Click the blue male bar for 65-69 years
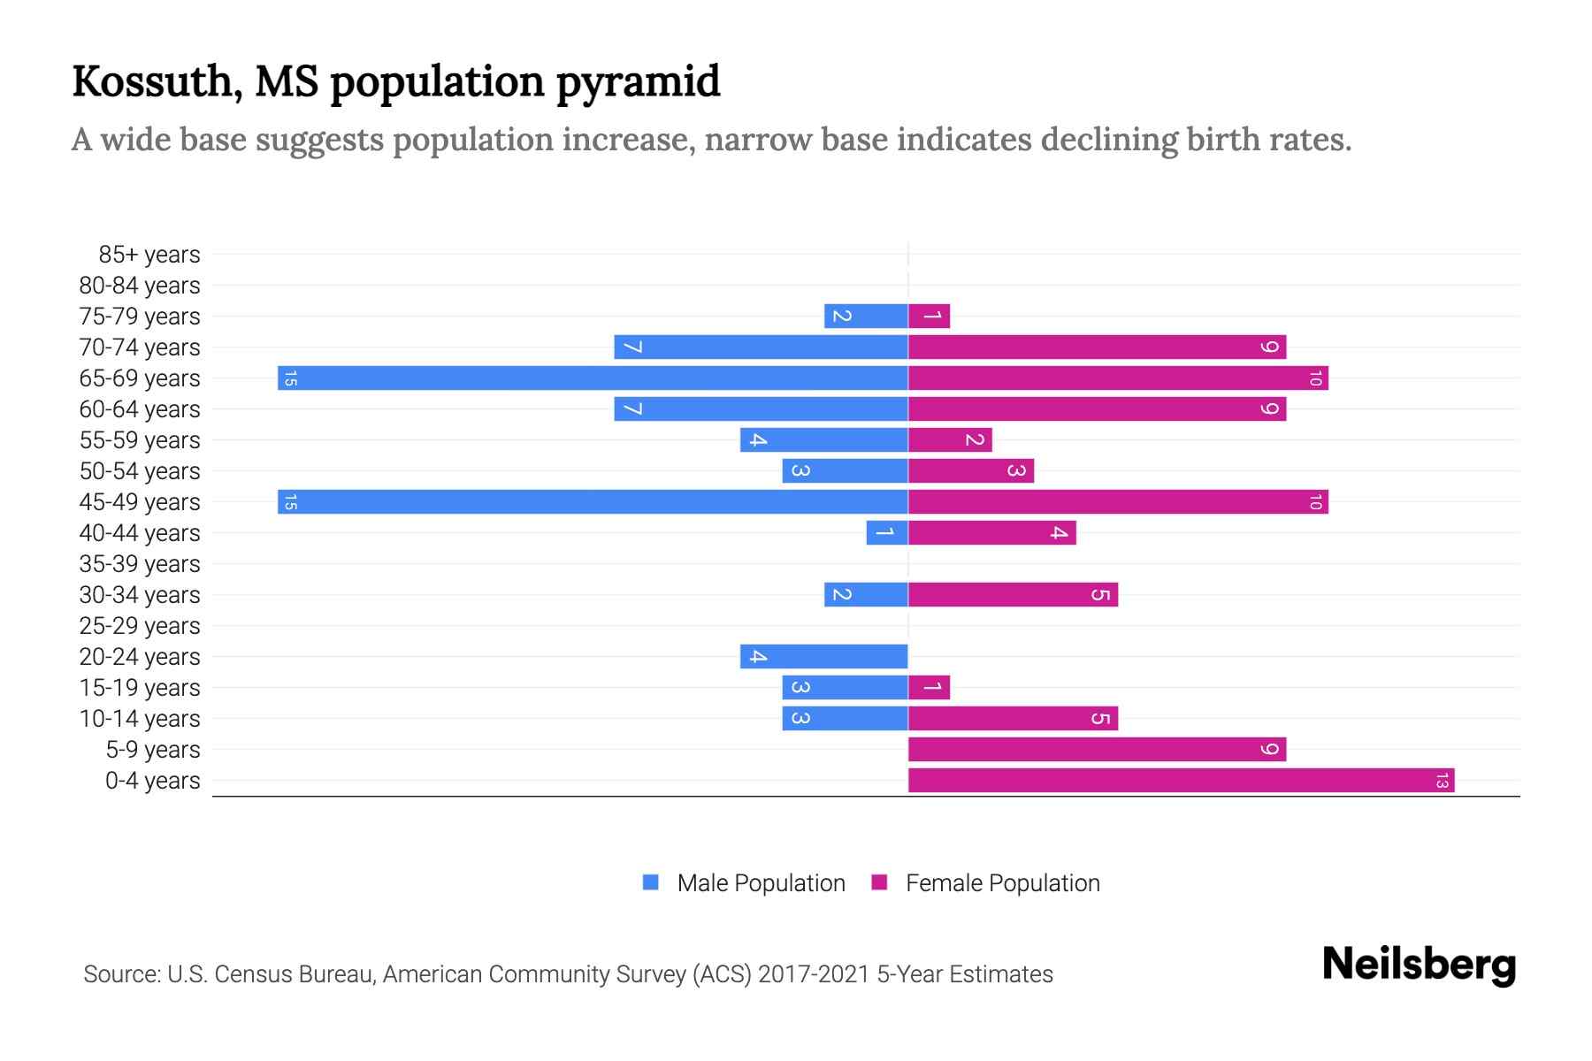[x=593, y=378]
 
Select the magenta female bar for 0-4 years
[x=1181, y=781]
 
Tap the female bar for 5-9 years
[x=1097, y=750]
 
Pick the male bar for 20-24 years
[x=824, y=657]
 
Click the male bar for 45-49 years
[x=593, y=502]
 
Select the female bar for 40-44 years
[x=991, y=533]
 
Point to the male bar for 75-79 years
[x=866, y=317]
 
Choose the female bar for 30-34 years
[x=1013, y=595]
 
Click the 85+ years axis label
[x=149, y=255]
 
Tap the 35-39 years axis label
[x=140, y=564]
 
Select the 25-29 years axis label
[x=140, y=626]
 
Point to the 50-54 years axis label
[x=140, y=471]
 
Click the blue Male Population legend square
[x=651, y=882]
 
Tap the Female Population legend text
[x=1002, y=883]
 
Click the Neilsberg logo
[x=1419, y=965]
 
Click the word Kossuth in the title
[x=152, y=82]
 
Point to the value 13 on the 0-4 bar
[x=1442, y=781]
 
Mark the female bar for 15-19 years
[x=929, y=688]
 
